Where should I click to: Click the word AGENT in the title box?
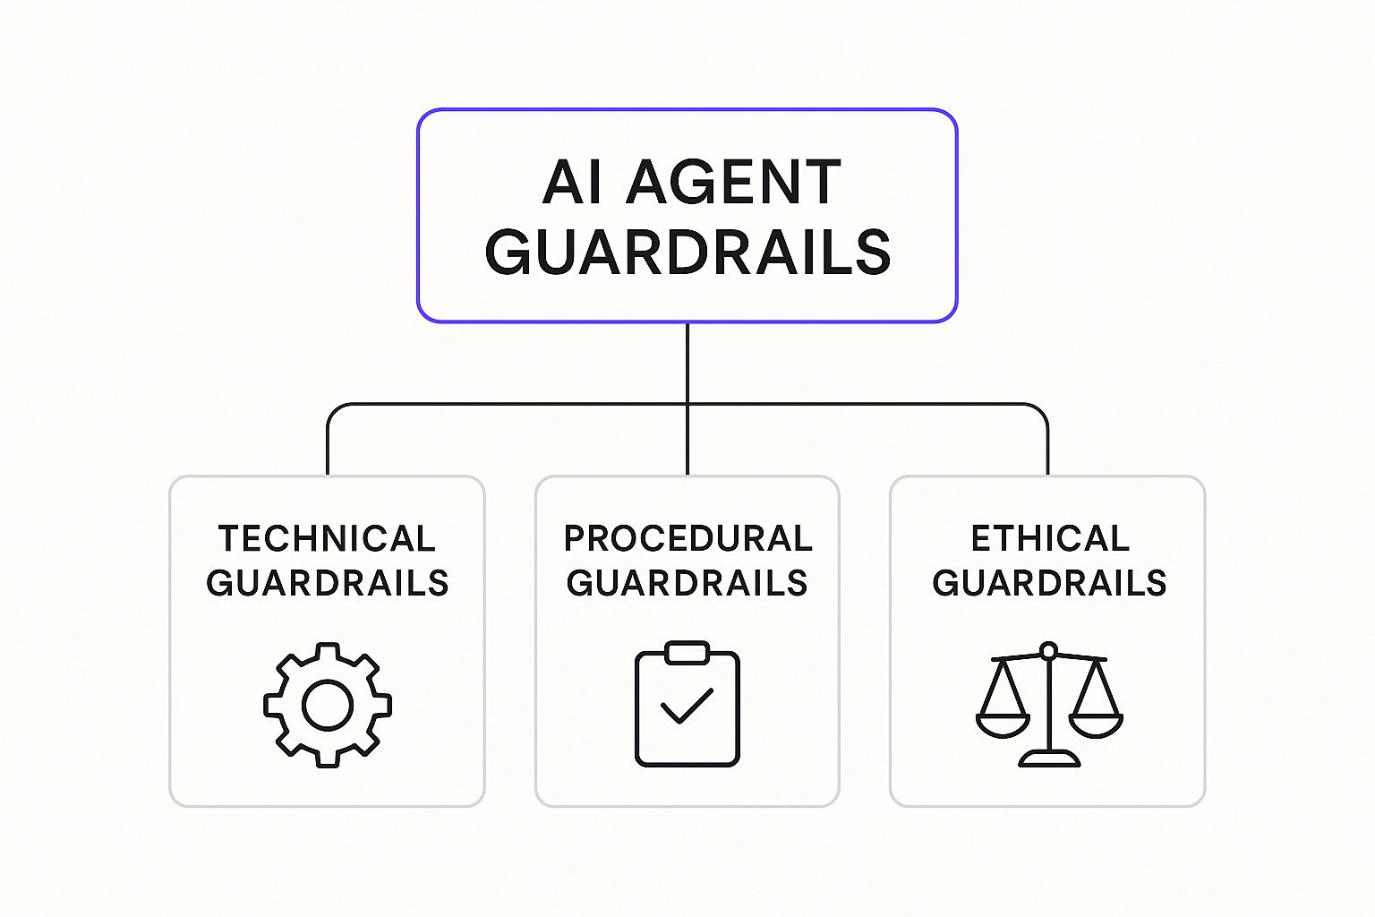tap(733, 182)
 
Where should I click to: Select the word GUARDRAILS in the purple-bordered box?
tap(687, 252)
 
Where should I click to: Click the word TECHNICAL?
tap(327, 539)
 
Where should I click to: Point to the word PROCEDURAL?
tap(688, 539)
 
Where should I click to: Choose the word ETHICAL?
tap(1050, 539)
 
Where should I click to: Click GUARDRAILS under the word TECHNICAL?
tap(327, 583)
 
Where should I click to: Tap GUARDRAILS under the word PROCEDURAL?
tap(687, 583)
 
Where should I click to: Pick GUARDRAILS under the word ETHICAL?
tap(1049, 583)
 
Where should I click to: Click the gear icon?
tap(327, 705)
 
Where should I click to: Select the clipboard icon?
tap(687, 704)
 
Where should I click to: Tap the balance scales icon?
tap(1049, 705)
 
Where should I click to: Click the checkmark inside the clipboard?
tap(687, 706)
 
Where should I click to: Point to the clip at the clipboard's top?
tap(687, 653)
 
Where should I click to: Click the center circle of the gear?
tap(327, 705)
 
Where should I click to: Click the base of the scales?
tap(1049, 758)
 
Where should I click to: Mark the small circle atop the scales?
tap(1049, 650)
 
